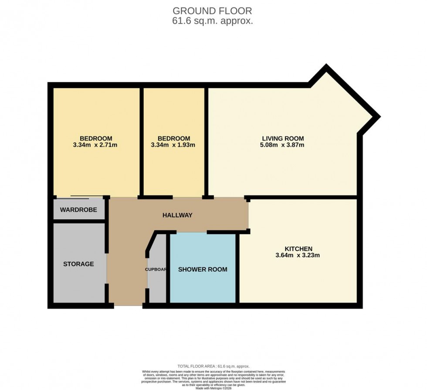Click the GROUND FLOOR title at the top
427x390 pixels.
[x=212, y=10]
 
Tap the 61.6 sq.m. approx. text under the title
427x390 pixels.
[x=212, y=20]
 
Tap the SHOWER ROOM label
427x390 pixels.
[x=203, y=269]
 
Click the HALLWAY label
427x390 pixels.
[x=177, y=215]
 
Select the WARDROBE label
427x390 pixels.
[x=78, y=210]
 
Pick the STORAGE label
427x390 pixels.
[x=78, y=264]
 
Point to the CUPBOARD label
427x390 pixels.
[x=156, y=269]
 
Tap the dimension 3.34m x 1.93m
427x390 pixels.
[x=173, y=145]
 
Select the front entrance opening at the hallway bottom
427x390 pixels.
[x=128, y=306]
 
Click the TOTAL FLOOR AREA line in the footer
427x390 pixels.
[x=213, y=366]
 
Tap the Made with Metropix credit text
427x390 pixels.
[x=213, y=387]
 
